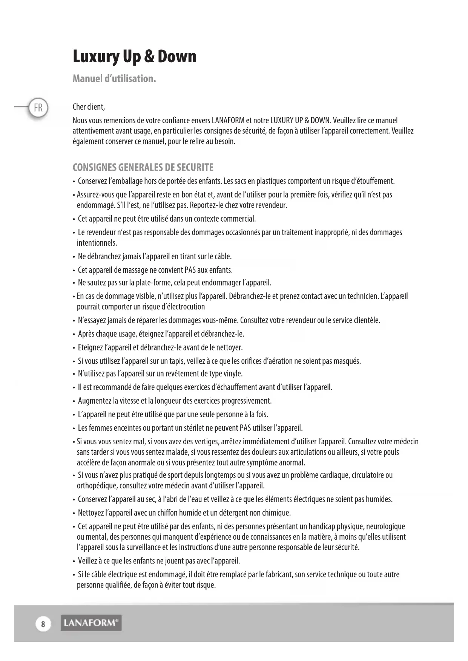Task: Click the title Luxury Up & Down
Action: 134,57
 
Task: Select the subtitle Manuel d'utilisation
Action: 114,79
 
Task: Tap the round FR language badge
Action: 38,108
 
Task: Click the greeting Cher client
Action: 89,107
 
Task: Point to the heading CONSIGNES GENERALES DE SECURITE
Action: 143,167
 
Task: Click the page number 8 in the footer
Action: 43,624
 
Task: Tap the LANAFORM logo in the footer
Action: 91,623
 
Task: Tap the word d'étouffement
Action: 373,181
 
